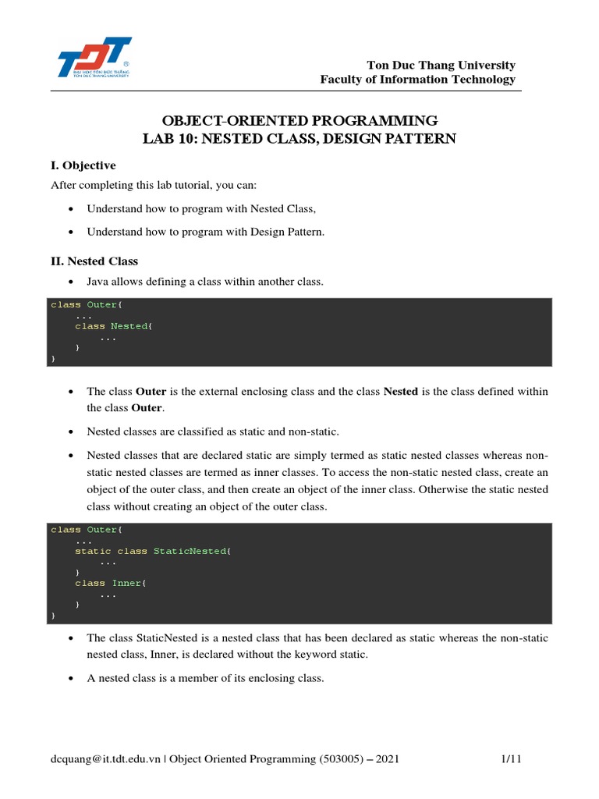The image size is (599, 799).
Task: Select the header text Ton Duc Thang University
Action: tap(441, 65)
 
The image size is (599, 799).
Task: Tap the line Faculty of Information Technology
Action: tap(418, 80)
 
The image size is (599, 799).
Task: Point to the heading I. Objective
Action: tap(83, 165)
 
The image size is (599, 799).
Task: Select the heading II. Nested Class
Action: tap(94, 261)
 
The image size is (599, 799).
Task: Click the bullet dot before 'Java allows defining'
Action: tap(71, 282)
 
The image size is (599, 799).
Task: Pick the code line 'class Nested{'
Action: tap(114, 326)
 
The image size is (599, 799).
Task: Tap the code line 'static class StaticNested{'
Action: tap(153, 551)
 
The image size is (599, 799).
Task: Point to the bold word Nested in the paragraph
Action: tap(401, 391)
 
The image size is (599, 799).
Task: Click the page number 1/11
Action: tap(511, 759)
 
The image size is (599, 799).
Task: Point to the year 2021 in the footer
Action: tap(388, 759)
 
